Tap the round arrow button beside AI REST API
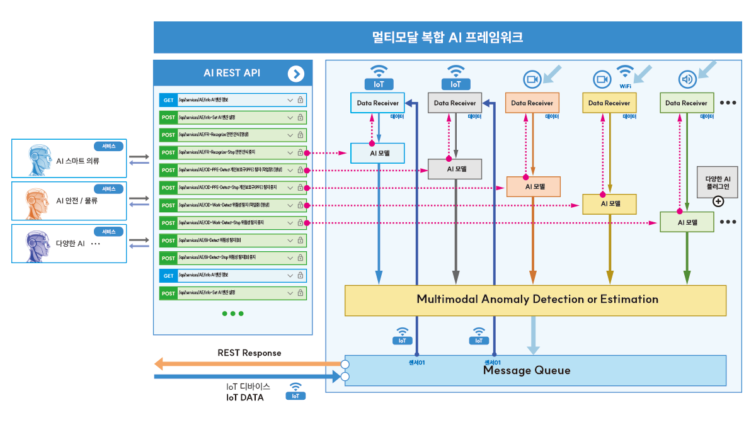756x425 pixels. [295, 74]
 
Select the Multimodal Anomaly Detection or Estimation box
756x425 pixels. [535, 300]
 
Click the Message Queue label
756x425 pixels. [527, 370]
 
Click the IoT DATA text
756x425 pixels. [245, 397]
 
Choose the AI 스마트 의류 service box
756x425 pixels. [69, 158]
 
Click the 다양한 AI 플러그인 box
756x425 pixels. [718, 182]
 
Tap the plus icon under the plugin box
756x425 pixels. [718, 201]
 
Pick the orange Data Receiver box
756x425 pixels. [532, 103]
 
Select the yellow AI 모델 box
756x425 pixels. [609, 204]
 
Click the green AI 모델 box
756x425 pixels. [687, 222]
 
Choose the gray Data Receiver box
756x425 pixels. [455, 103]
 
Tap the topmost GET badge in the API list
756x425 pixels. [168, 100]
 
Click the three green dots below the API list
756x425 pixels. [232, 314]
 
